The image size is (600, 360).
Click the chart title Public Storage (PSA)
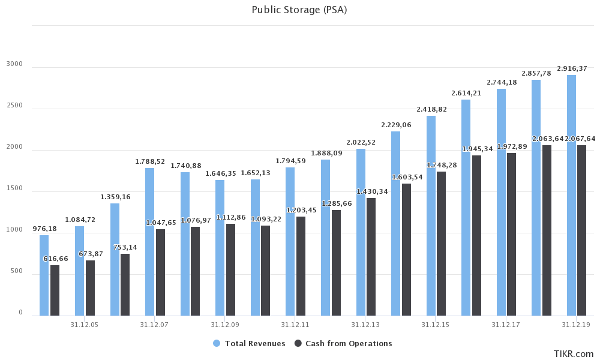pos(299,10)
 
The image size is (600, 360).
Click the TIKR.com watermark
pos(574,354)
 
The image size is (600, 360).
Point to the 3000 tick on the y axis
pos(14,64)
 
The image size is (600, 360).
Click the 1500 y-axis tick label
pos(14,188)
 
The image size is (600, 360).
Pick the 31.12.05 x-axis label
pos(85,325)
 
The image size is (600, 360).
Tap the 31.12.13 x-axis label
pos(365,325)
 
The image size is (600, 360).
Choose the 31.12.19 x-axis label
pos(576,325)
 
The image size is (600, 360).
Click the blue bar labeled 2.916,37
pos(571,195)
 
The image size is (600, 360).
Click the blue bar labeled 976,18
pos(44,275)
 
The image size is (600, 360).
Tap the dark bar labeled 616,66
pos(55,290)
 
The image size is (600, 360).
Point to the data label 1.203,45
pos(301,210)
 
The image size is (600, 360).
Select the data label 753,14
pos(125,247)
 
